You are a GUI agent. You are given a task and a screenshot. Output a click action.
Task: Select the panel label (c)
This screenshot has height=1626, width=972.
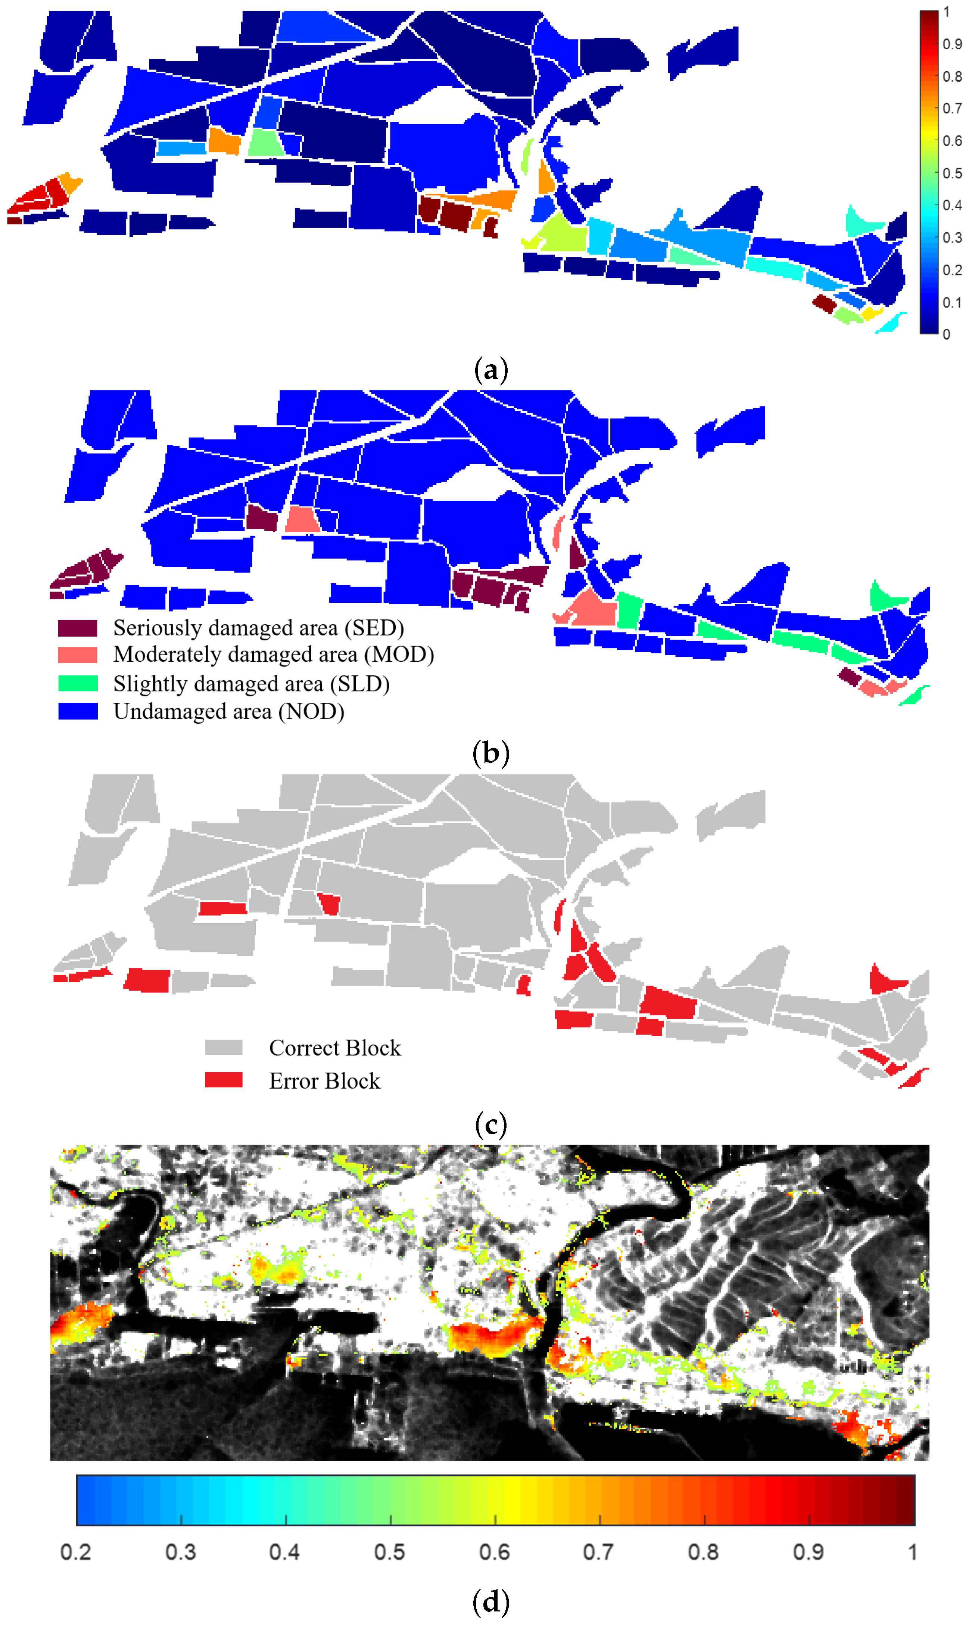pyautogui.click(x=490, y=1125)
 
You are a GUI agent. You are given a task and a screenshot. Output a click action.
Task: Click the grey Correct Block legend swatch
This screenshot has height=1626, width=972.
pyautogui.click(x=223, y=1048)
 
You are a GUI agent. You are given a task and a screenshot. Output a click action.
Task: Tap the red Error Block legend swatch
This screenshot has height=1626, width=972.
pyautogui.click(x=223, y=1080)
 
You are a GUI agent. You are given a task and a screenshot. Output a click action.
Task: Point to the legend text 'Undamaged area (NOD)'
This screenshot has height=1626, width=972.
pyautogui.click(x=228, y=712)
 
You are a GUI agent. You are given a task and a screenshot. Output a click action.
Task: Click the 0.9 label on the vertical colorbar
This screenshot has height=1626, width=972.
pyautogui.click(x=952, y=44)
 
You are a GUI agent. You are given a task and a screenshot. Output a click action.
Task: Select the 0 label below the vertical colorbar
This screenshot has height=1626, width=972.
pyautogui.click(x=947, y=334)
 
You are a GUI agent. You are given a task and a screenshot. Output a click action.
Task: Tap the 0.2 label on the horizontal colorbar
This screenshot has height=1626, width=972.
pyautogui.click(x=76, y=1552)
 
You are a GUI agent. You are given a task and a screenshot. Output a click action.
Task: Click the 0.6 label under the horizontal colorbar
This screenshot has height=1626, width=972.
pyautogui.click(x=495, y=1552)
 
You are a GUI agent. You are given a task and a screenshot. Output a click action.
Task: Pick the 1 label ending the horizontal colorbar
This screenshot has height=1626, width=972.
pyautogui.click(x=912, y=1552)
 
